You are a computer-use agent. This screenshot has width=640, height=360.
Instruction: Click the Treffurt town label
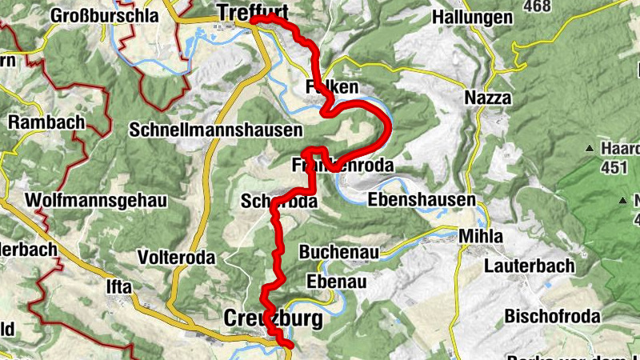click(x=252, y=12)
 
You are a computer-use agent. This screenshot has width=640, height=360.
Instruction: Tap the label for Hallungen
click(x=482, y=16)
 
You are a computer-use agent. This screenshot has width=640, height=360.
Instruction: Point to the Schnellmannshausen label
click(x=216, y=130)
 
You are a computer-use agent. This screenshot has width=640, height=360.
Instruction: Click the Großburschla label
click(x=100, y=15)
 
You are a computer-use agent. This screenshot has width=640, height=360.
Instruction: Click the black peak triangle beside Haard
click(x=590, y=148)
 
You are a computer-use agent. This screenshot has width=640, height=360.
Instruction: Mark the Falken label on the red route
click(x=329, y=86)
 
